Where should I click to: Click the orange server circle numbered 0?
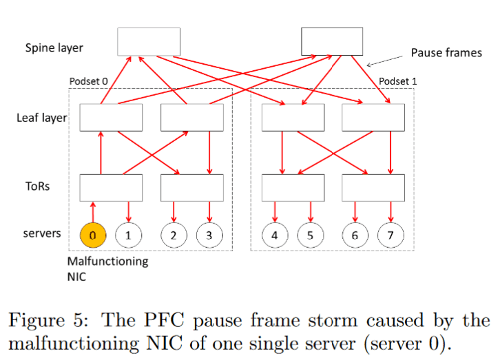click(x=94, y=235)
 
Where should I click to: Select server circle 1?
click(x=128, y=235)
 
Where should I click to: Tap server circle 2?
click(x=174, y=235)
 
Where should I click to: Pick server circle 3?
click(x=209, y=235)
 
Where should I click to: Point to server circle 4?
click(x=275, y=235)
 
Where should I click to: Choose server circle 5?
click(x=310, y=235)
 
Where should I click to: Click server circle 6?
click(x=355, y=235)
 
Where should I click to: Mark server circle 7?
click(x=390, y=235)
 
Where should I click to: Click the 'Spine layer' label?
click(x=54, y=47)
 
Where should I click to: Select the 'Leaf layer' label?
click(x=42, y=118)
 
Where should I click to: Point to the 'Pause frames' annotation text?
click(x=446, y=52)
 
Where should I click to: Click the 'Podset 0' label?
click(x=89, y=81)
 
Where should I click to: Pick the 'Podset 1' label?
click(x=399, y=81)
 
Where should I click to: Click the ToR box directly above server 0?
click(x=111, y=187)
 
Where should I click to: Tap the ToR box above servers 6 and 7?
click(x=373, y=187)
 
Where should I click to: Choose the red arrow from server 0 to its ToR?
click(x=94, y=211)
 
